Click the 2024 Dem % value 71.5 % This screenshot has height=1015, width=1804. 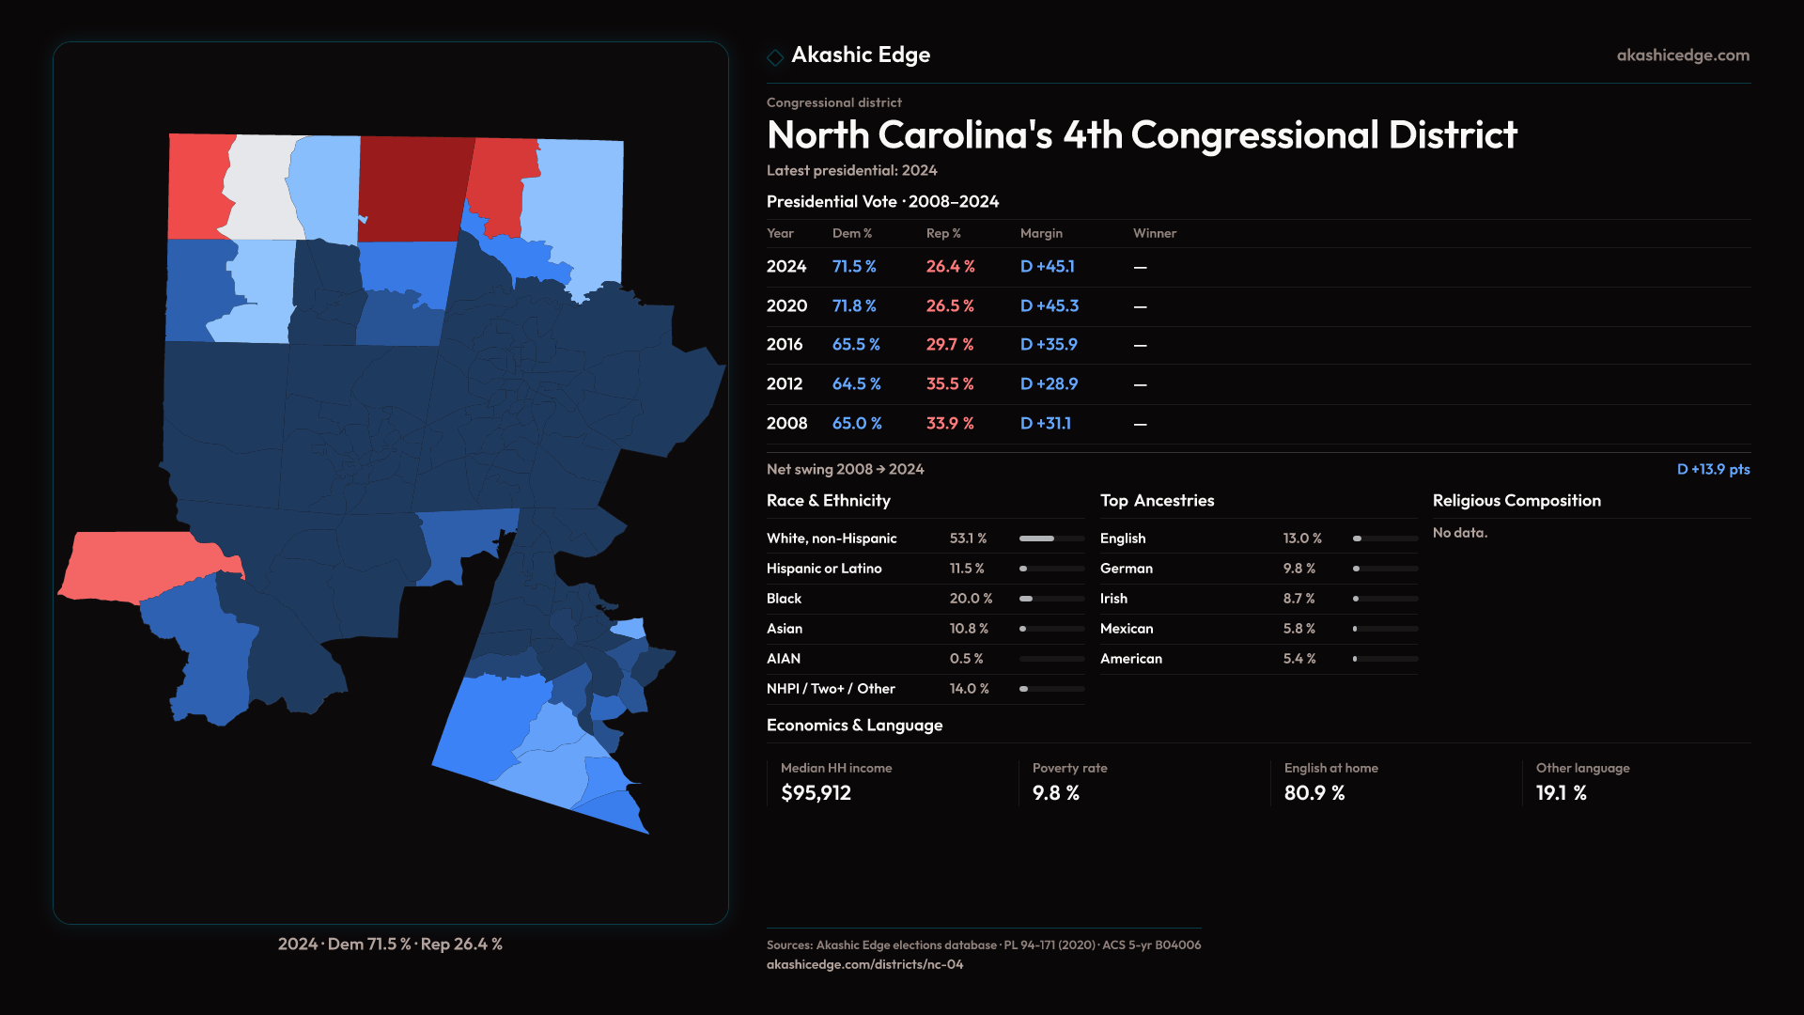coord(853,267)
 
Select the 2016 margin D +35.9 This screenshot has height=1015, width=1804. coord(1049,345)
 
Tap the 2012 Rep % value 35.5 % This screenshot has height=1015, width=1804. coord(949,384)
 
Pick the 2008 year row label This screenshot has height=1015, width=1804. coord(786,424)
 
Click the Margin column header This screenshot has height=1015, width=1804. coord(1041,233)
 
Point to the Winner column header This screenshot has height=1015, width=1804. coord(1154,233)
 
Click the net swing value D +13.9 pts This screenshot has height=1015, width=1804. coord(1713,469)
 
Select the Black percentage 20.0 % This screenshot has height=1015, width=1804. coord(971,599)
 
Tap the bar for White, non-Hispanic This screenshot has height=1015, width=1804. coord(1050,539)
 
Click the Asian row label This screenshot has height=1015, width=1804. coord(785,629)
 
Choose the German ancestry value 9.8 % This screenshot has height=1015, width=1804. coord(1299,569)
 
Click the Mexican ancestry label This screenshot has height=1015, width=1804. coord(1126,629)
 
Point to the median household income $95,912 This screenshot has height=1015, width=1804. coord(816,793)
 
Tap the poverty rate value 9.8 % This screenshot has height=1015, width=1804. coord(1055,793)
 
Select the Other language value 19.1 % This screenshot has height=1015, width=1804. coord(1561,793)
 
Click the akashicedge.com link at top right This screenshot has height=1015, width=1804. coord(1683,55)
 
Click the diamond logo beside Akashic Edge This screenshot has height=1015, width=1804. coord(775,57)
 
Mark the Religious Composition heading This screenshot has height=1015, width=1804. coord(1516,501)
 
